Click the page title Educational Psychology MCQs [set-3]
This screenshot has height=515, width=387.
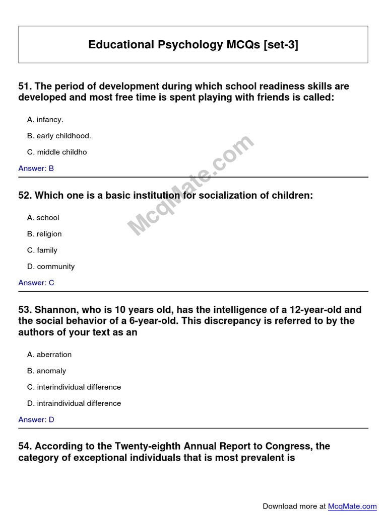click(x=193, y=45)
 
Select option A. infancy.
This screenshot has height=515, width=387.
click(x=45, y=120)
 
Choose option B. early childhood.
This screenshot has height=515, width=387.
click(x=59, y=136)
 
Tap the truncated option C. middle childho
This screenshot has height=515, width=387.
click(x=57, y=152)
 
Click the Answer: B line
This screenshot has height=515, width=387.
click(x=36, y=168)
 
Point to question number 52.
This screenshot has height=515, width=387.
click(x=25, y=196)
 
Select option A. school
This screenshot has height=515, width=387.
click(x=43, y=218)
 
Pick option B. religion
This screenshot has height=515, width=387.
click(x=44, y=234)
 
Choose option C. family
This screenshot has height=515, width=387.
click(x=42, y=250)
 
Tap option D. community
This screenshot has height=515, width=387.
click(x=51, y=267)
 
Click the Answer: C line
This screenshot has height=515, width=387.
click(x=36, y=283)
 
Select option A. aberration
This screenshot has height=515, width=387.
click(x=49, y=355)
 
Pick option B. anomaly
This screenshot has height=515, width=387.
click(x=47, y=371)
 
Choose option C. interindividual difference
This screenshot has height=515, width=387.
click(x=74, y=387)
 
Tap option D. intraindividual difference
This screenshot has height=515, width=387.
click(x=74, y=403)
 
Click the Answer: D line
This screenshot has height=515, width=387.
click(x=36, y=419)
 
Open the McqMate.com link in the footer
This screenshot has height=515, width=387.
click(x=352, y=506)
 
